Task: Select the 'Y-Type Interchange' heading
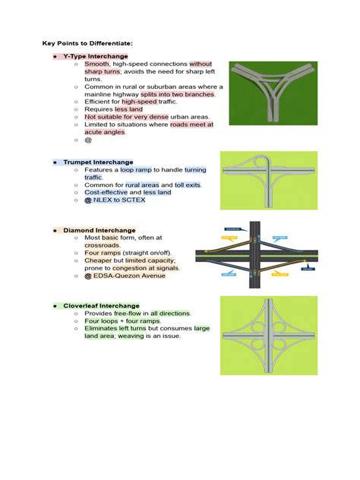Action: click(95, 57)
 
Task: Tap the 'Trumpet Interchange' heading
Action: click(98, 163)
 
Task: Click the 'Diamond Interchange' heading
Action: click(99, 230)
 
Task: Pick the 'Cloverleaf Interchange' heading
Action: click(101, 305)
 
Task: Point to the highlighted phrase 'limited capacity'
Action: click(157, 261)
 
